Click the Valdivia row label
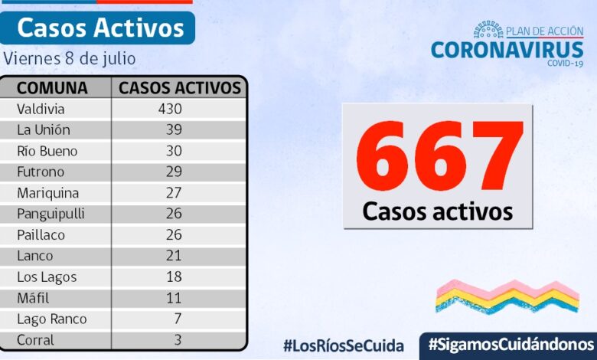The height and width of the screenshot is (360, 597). (x=41, y=109)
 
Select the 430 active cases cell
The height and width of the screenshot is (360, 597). (x=169, y=109)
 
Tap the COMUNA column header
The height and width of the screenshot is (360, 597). (x=52, y=87)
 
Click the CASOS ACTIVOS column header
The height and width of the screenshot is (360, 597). (x=180, y=87)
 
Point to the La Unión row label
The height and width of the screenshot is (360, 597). (x=43, y=129)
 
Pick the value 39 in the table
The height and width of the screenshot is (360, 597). (x=174, y=129)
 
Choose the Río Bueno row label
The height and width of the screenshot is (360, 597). (x=47, y=151)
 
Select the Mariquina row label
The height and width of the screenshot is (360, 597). (x=47, y=193)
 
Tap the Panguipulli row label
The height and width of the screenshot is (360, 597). (x=50, y=214)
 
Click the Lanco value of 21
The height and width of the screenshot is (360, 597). (x=174, y=256)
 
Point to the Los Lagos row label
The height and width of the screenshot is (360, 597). (x=47, y=277)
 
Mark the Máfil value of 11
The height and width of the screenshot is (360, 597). (x=174, y=298)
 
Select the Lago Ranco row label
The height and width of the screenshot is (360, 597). (x=51, y=319)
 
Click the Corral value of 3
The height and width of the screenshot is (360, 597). (x=177, y=340)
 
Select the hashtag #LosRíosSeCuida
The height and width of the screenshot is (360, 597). (x=343, y=345)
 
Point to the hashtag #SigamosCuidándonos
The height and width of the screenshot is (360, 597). (x=511, y=343)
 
